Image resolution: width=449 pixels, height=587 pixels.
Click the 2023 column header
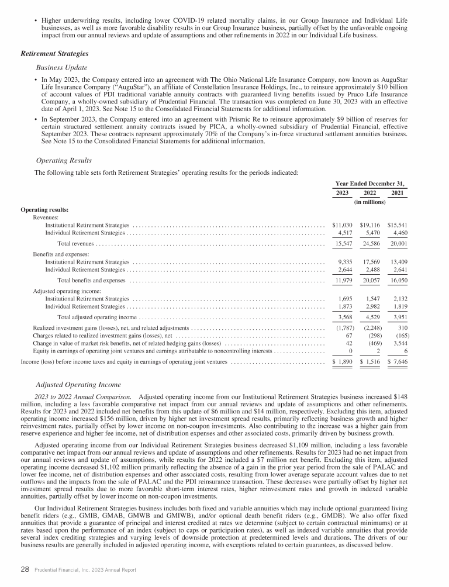[x=343, y=192]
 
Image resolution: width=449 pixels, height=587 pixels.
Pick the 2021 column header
[x=400, y=192]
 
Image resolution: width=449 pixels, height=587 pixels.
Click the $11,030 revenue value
[x=343, y=225]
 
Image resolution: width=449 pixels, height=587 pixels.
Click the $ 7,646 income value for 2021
[x=398, y=363]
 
